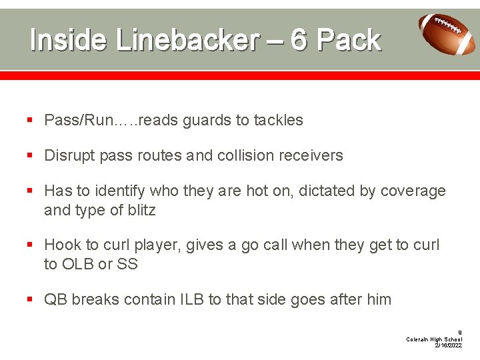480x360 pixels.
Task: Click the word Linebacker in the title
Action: pos(187,41)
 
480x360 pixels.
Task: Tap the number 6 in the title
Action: pos(299,41)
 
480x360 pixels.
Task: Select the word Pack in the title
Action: pos(349,41)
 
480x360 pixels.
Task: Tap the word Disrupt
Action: pos(67,156)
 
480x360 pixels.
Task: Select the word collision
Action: pos(247,156)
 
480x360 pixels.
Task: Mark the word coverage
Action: pos(413,191)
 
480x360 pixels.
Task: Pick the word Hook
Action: pos(61,245)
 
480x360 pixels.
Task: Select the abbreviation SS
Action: pos(127,264)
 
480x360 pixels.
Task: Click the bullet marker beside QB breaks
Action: pos(31,300)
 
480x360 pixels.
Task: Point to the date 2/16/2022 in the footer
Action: pos(448,345)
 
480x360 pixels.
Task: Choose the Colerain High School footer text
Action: pos(434,339)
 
